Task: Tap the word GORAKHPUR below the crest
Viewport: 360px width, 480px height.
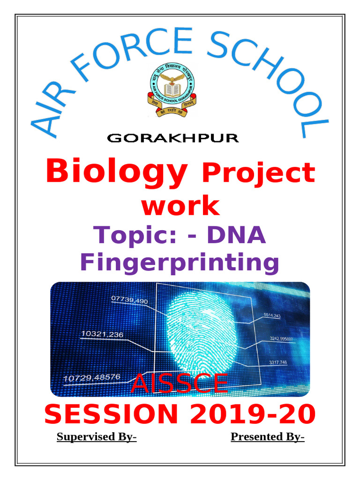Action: click(173, 138)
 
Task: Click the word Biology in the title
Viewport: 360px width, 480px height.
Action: click(117, 172)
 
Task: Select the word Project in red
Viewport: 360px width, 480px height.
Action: click(258, 173)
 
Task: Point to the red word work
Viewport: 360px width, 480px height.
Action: click(180, 206)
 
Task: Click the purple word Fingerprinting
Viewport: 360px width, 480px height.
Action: click(180, 262)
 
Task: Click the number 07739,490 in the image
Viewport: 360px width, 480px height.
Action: click(130, 300)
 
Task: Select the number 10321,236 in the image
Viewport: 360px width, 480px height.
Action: click(102, 334)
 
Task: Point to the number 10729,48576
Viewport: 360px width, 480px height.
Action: click(91, 377)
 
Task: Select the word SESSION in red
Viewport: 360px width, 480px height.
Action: click(111, 414)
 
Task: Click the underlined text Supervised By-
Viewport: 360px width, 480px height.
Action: click(97, 437)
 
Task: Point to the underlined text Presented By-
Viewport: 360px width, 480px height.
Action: click(267, 437)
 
